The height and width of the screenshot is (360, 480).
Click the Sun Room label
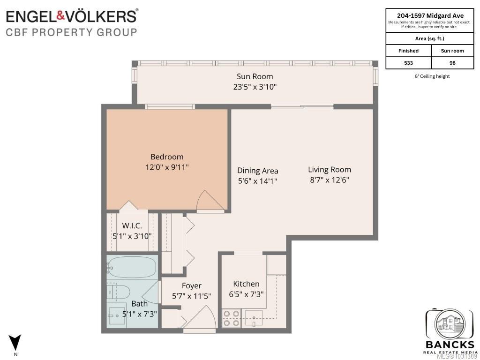(x=255, y=76)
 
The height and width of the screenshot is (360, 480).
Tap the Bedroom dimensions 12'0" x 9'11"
(x=167, y=167)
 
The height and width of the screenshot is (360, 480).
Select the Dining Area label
(x=257, y=171)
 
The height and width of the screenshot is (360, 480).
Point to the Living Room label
(x=330, y=170)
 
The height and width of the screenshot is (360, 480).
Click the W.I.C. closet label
(x=132, y=226)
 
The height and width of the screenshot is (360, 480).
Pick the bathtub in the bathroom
(x=132, y=267)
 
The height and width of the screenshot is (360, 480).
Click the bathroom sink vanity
(x=117, y=315)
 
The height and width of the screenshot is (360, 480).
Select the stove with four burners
(x=231, y=318)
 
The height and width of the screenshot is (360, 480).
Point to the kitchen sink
(x=254, y=318)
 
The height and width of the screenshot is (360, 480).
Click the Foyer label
(x=192, y=286)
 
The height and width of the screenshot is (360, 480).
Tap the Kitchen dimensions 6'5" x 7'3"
(x=246, y=294)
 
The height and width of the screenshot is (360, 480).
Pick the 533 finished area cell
(x=408, y=63)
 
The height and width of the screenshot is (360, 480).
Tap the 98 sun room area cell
(x=452, y=63)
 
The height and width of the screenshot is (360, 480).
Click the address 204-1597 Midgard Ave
(x=430, y=15)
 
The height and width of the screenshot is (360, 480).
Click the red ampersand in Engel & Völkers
(x=60, y=15)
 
